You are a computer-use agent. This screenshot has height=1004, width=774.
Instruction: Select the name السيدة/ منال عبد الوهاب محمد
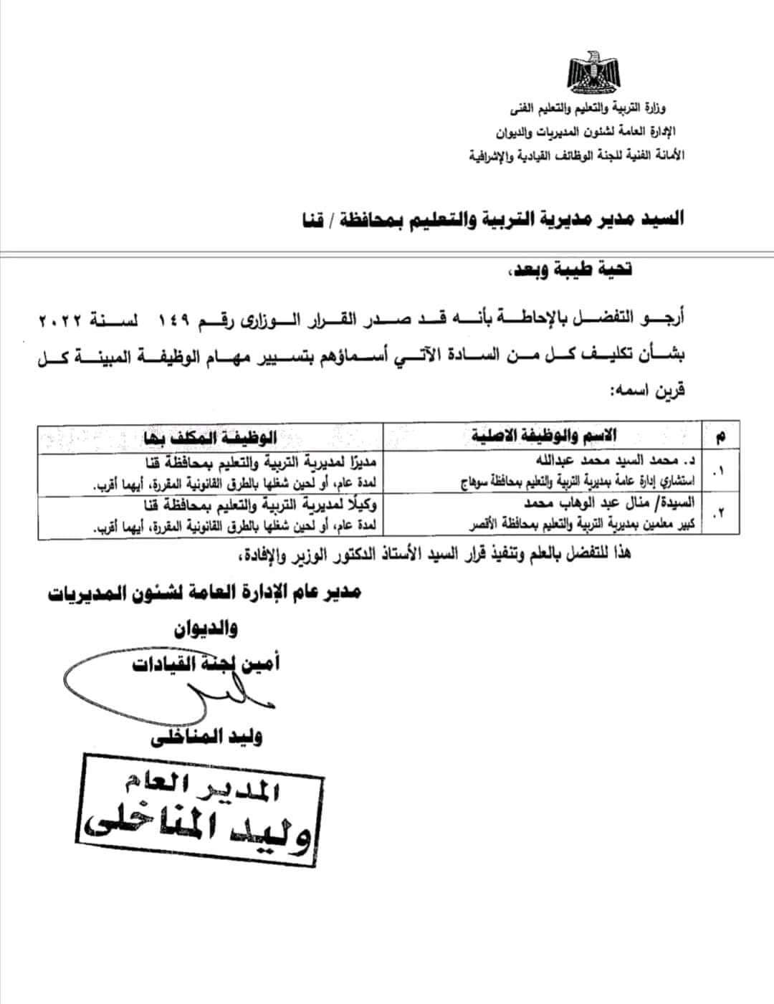(x=613, y=502)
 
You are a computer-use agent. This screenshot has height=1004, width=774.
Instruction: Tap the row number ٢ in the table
(x=720, y=515)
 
